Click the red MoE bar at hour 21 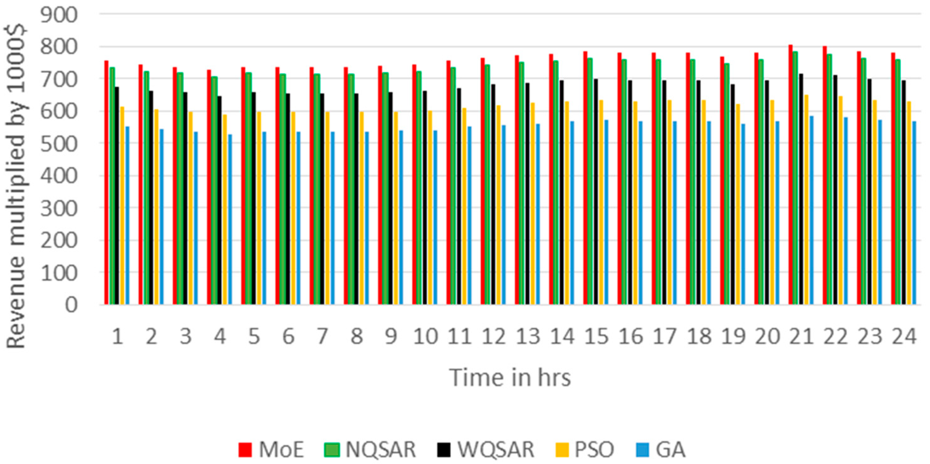click(790, 175)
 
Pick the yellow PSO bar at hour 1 click(122, 206)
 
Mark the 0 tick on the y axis click(71, 306)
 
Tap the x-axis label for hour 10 click(425, 336)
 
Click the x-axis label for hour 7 click(322, 336)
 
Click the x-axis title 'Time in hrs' click(510, 378)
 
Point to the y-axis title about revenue click(16, 186)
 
